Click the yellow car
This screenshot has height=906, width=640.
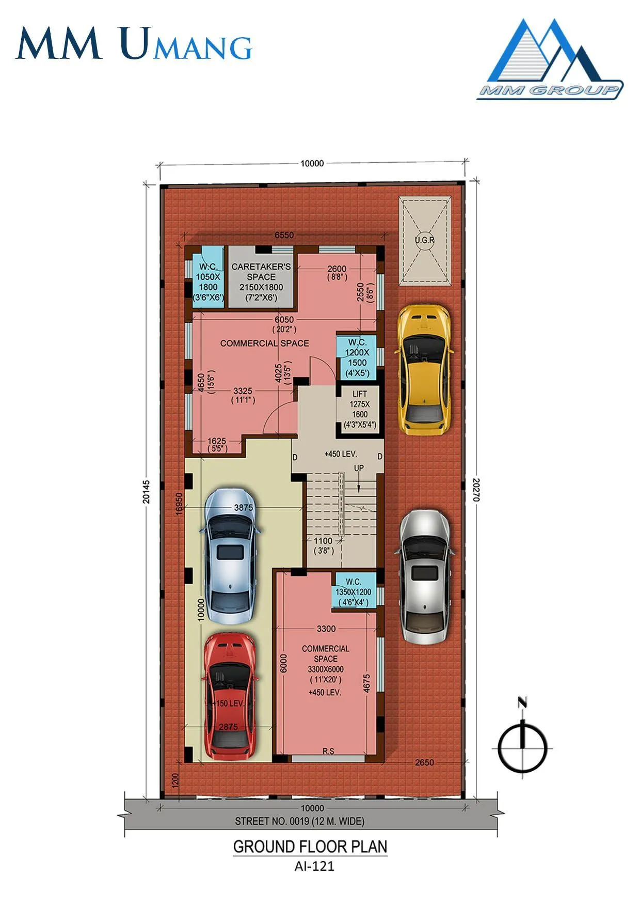click(424, 370)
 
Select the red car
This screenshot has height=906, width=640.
click(229, 696)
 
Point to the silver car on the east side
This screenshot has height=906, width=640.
click(424, 576)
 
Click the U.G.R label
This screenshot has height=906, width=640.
click(424, 240)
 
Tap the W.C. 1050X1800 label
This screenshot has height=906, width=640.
click(208, 282)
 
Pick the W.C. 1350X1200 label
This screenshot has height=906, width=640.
click(354, 592)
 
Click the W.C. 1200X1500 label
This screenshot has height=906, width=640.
click(357, 357)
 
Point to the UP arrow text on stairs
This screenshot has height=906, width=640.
click(359, 468)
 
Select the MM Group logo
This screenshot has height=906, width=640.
click(549, 60)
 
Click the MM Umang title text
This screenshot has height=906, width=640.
click(134, 44)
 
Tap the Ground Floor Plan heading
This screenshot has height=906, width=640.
click(310, 847)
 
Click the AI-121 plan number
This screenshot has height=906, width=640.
click(314, 866)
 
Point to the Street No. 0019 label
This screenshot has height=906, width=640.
click(299, 821)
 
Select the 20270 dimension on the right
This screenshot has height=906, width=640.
click(476, 490)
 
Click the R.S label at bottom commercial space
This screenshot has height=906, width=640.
click(328, 751)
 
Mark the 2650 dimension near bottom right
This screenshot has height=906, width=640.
click(424, 762)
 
